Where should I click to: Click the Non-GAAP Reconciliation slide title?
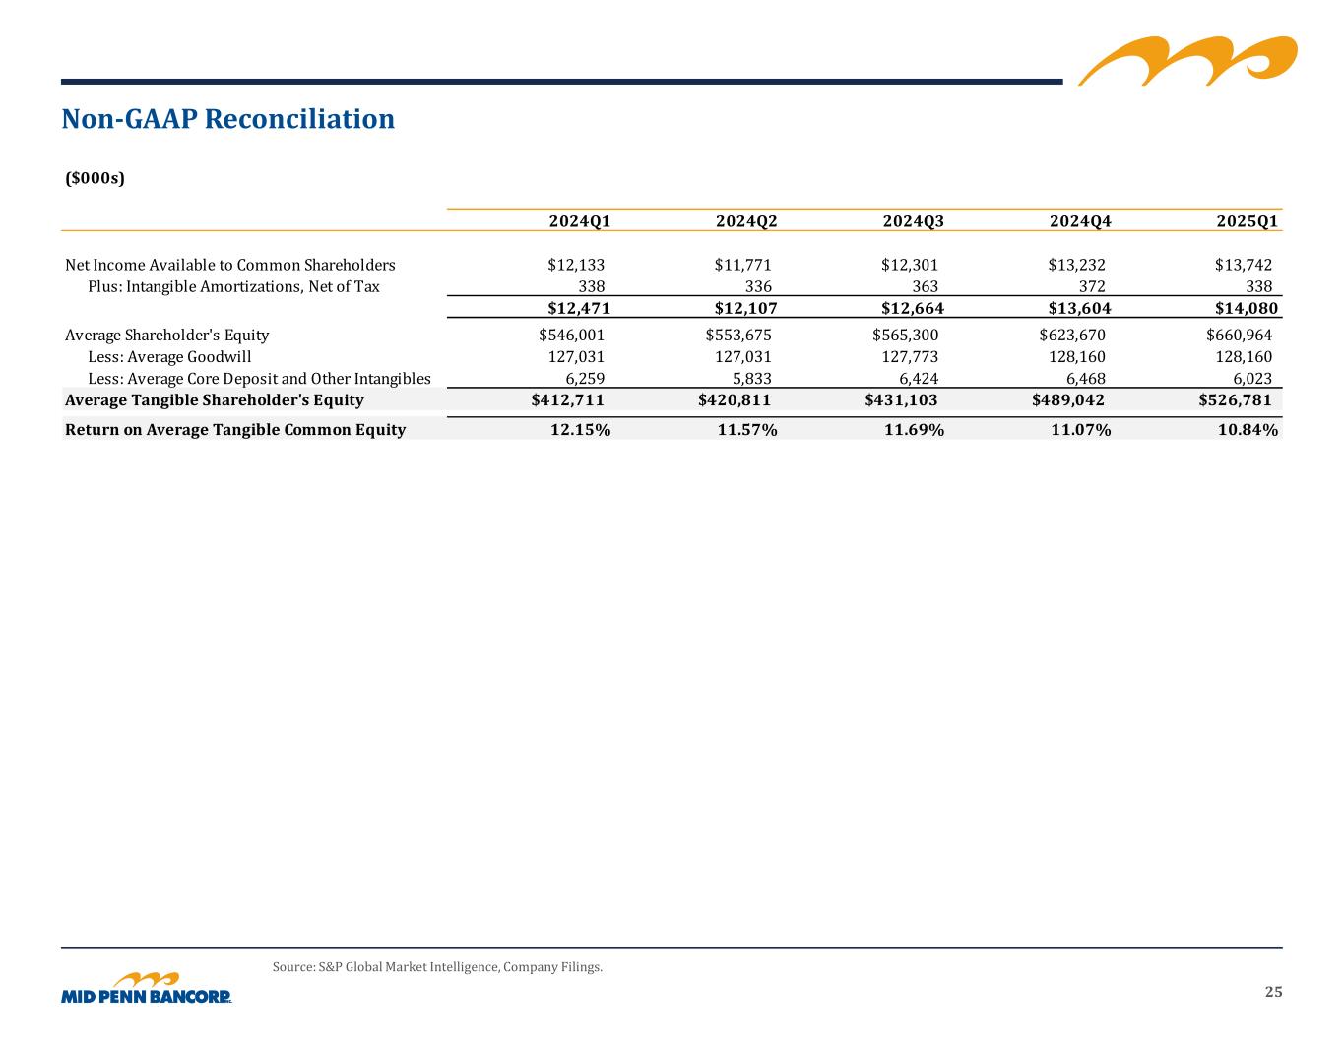coord(227,119)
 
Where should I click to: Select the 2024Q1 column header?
coord(579,221)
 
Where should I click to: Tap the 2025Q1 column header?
coord(1247,221)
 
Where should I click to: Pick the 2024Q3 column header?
coord(913,221)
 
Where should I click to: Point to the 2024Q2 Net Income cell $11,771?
coord(742,265)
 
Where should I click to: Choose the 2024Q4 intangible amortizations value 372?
coord(1092,286)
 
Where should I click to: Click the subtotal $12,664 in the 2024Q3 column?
coord(912,309)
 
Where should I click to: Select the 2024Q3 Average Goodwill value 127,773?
coord(910,357)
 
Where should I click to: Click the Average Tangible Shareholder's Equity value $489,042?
coord(1067,400)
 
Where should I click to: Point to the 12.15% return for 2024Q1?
coord(580,430)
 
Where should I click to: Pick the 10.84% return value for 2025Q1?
coord(1248,430)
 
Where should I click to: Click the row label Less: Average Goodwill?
coord(169,357)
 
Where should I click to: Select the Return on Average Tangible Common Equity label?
coord(234,430)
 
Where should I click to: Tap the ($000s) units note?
coord(95,178)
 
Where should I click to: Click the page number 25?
coord(1273,992)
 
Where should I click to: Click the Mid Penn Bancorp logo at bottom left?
coord(147,989)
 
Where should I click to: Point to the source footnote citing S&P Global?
coord(437,967)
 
